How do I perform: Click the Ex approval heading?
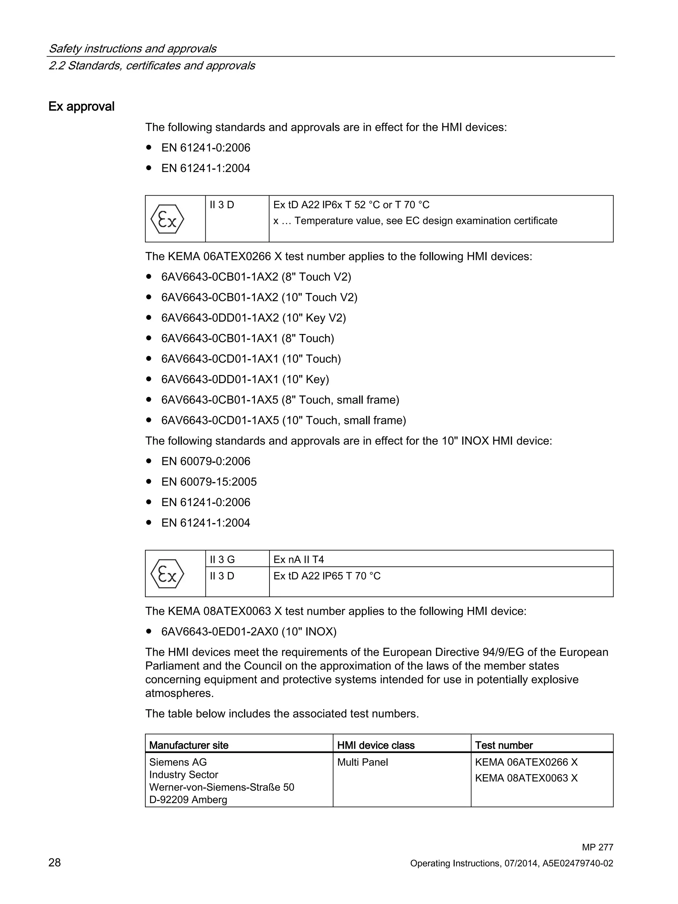81,107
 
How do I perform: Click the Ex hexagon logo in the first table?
167,219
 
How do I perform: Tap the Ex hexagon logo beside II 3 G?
167,574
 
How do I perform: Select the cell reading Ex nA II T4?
298,559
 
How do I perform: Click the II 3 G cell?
222,559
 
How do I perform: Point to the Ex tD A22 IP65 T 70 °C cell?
327,576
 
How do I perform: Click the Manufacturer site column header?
188,745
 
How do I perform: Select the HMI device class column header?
375,745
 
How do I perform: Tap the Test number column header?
504,745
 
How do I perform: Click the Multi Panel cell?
363,762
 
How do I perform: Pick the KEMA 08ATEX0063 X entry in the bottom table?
526,778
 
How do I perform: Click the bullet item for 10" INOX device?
249,632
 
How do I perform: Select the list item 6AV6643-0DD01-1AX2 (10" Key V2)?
253,318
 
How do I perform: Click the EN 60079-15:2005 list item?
209,482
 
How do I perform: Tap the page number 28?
54,863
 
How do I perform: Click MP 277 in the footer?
597,848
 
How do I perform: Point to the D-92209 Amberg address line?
188,800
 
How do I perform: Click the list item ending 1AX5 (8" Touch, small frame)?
280,400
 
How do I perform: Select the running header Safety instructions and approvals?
132,49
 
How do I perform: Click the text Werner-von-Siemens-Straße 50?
221,787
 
